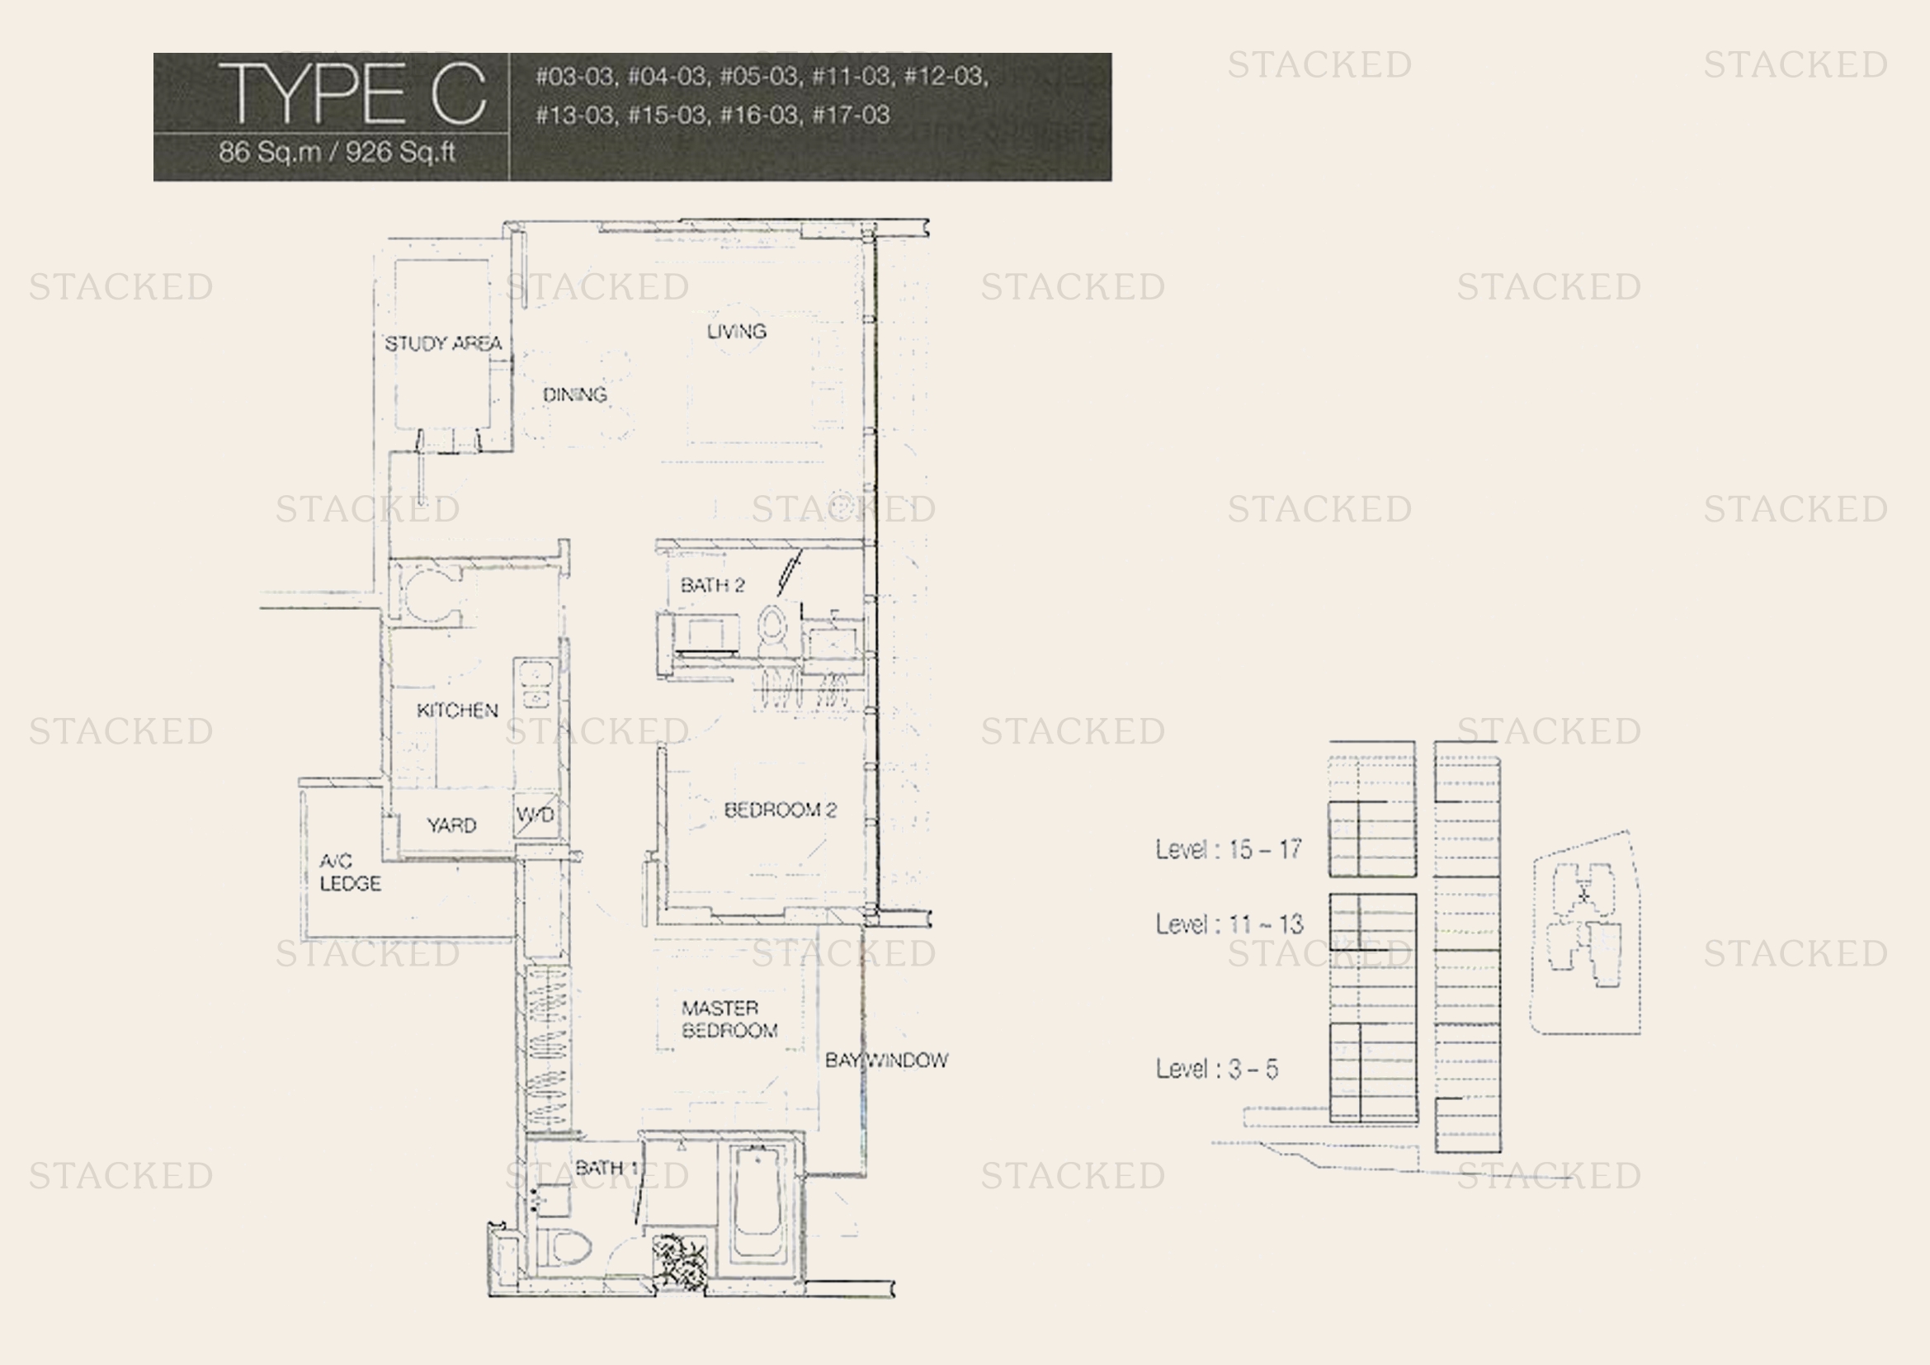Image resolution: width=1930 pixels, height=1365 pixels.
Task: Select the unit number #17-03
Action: point(851,115)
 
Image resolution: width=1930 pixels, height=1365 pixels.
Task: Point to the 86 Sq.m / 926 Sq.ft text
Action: point(337,152)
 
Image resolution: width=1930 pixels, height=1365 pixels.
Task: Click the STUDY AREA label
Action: point(443,343)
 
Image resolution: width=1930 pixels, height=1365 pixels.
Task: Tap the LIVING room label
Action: point(736,331)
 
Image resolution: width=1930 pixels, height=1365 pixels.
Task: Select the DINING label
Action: point(575,394)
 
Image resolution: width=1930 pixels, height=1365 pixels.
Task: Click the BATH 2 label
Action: point(713,585)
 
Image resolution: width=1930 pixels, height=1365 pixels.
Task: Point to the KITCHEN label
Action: point(457,711)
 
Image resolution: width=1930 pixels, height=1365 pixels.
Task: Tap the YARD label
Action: point(451,825)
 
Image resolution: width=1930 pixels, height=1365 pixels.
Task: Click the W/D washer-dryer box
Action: point(536,815)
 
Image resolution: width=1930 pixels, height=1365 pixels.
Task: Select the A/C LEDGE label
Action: point(350,871)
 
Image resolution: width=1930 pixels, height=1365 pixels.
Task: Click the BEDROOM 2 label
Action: point(780,810)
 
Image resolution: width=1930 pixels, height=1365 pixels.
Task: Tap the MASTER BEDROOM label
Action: point(729,1018)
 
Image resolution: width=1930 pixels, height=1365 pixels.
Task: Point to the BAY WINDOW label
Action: point(887,1060)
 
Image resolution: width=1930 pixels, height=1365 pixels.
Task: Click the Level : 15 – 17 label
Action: point(1229,849)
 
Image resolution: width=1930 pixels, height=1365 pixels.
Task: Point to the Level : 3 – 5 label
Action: point(1217,1068)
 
